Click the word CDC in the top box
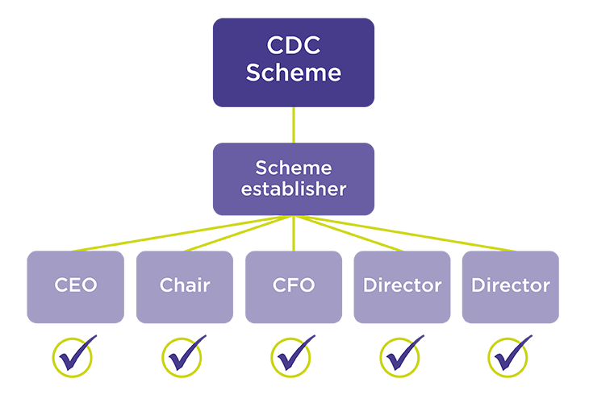(x=294, y=44)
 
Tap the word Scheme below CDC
(x=294, y=73)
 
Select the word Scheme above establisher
(x=294, y=168)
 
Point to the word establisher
(x=294, y=190)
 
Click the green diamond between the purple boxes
(x=294, y=125)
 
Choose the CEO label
(x=75, y=285)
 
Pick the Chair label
(x=185, y=285)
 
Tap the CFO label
(x=294, y=285)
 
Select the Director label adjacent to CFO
(x=402, y=285)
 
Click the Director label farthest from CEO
(x=511, y=285)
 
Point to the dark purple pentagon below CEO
(x=96, y=338)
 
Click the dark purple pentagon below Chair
(x=205, y=338)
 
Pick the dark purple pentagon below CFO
(x=315, y=338)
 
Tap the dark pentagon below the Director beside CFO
(x=424, y=338)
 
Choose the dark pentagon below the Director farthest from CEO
(x=533, y=338)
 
